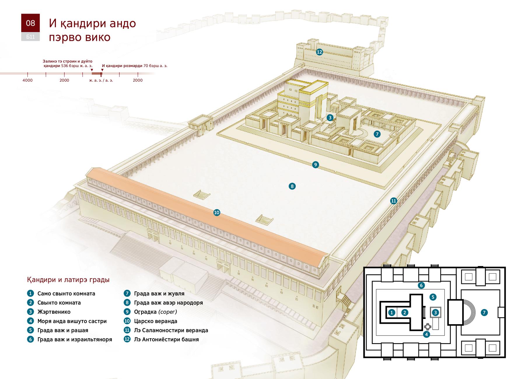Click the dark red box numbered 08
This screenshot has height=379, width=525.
[x=30, y=23]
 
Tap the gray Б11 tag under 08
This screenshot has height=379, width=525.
[x=30, y=37]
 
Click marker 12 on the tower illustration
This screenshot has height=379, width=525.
[x=319, y=52]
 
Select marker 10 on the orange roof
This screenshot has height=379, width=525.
[x=216, y=213]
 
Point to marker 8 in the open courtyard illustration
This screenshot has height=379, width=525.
[x=292, y=186]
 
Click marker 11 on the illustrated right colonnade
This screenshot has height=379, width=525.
[x=394, y=201]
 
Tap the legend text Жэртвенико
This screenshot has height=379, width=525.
[x=54, y=312]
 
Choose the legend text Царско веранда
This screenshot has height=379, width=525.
[x=156, y=321]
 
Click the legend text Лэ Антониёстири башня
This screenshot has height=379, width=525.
[x=167, y=339]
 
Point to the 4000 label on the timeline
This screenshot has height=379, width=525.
[x=28, y=80]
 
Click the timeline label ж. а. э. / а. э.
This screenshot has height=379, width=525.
[x=101, y=80]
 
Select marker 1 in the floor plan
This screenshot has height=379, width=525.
[x=392, y=313]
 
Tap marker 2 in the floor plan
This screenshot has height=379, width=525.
[x=405, y=313]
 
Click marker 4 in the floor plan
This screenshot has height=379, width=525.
[x=426, y=334]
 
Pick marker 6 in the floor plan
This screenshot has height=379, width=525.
[x=421, y=285]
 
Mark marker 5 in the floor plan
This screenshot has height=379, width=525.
[x=433, y=297]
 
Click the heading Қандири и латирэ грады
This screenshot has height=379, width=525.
[x=68, y=280]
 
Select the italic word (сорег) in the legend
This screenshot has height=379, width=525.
[x=168, y=312]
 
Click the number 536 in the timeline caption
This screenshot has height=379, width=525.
[x=65, y=66]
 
